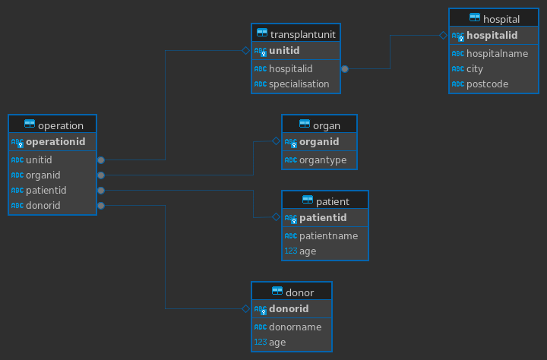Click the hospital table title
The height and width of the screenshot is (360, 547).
pyautogui.click(x=501, y=19)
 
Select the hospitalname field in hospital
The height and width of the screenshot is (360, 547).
pyautogui.click(x=498, y=54)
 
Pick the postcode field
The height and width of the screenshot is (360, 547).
pyautogui.click(x=487, y=84)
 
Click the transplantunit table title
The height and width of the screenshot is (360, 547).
pyautogui.click(x=302, y=33)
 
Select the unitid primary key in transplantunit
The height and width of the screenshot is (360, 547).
pyautogui.click(x=284, y=50)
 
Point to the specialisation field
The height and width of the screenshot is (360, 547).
pyautogui.click(x=299, y=84)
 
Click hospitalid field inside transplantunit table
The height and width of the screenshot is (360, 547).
pyautogui.click(x=290, y=69)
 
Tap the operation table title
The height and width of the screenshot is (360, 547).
pyautogui.click(x=60, y=125)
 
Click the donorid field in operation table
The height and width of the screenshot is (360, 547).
pyautogui.click(x=43, y=206)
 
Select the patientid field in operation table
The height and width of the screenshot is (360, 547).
pyautogui.click(x=46, y=191)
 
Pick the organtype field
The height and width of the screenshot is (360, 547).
pyautogui.click(x=323, y=160)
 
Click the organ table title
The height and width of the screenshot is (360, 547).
pyautogui.click(x=327, y=125)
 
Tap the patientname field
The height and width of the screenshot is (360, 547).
pyautogui.click(x=328, y=236)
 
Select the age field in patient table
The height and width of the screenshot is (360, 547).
pyautogui.click(x=308, y=251)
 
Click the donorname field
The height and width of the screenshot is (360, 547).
pyautogui.click(x=295, y=327)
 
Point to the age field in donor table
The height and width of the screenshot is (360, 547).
pyautogui.click(x=277, y=343)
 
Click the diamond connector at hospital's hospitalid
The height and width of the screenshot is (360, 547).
pyautogui.click(x=443, y=35)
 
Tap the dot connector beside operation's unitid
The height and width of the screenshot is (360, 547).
pyautogui.click(x=101, y=160)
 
